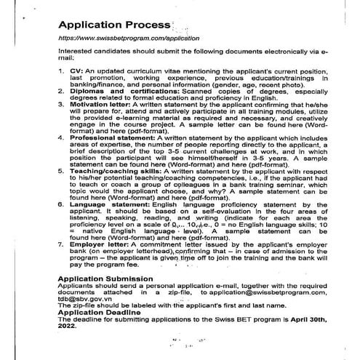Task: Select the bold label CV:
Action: pos(76,74)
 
